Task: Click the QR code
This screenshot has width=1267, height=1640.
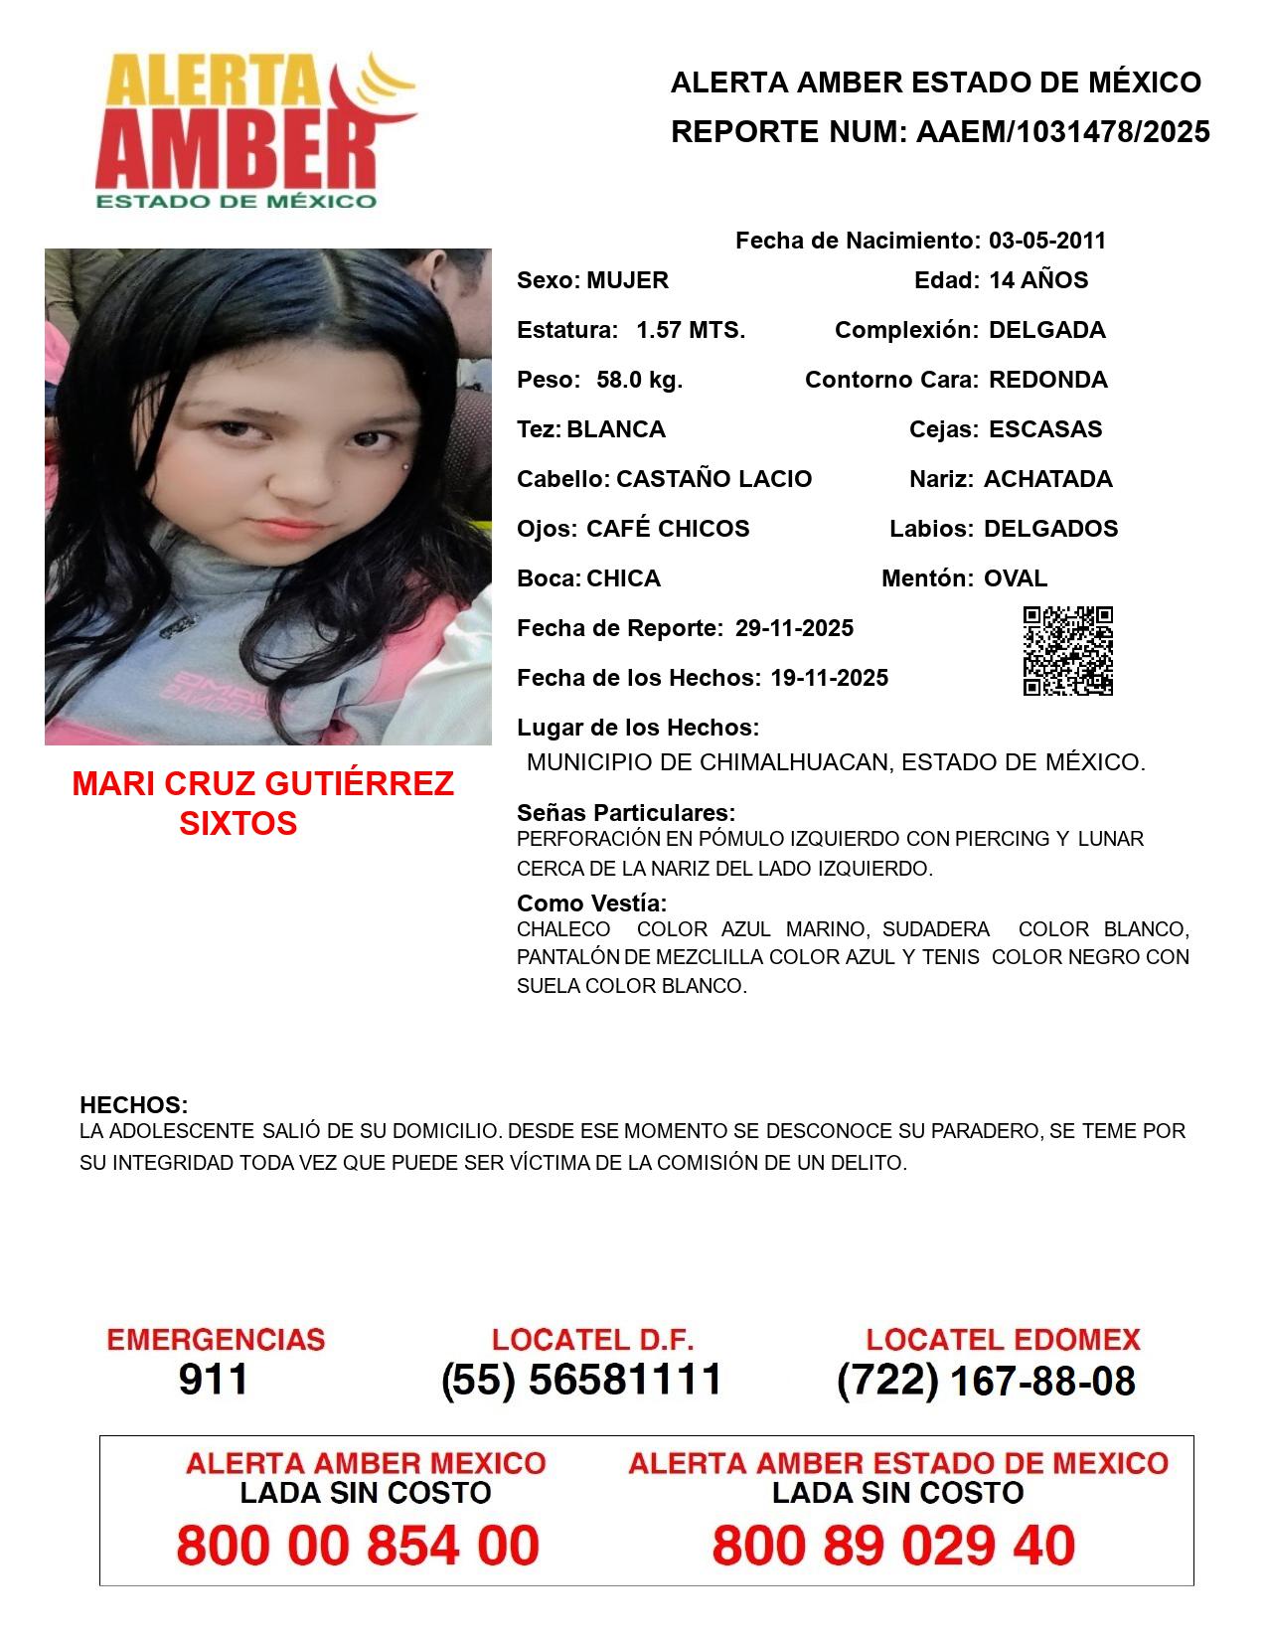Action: point(1068,651)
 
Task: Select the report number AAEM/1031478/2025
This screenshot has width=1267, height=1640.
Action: point(1062,132)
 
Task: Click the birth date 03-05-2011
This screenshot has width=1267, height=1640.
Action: point(1046,241)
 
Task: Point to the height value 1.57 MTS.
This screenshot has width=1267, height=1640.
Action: point(691,330)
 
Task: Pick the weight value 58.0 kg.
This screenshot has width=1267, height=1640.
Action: point(639,380)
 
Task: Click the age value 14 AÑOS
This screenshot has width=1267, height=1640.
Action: point(1038,280)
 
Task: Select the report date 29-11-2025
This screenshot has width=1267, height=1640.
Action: point(794,628)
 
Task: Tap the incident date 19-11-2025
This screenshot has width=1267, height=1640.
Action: point(829,678)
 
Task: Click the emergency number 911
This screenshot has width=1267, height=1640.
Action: point(214,1380)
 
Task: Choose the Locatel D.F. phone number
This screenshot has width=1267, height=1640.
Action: point(581,1380)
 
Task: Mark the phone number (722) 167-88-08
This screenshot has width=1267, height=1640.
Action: point(986,1381)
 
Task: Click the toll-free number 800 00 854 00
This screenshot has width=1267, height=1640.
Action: point(358,1546)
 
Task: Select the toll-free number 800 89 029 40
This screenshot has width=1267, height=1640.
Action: point(893,1546)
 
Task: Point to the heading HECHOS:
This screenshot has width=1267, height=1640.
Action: point(133,1105)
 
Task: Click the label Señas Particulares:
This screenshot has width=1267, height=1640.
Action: point(626,813)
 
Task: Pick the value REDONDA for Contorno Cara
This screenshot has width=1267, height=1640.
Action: point(1048,380)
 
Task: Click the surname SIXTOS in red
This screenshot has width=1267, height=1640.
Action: point(238,823)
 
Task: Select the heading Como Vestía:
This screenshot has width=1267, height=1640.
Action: point(591,903)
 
